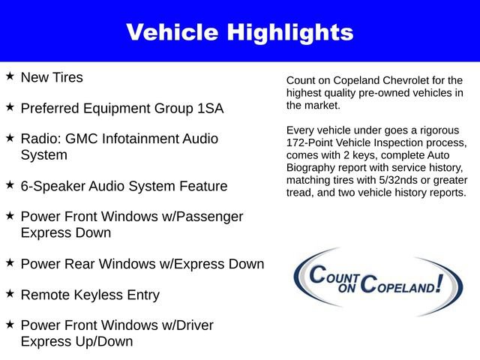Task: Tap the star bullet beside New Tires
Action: click(10, 76)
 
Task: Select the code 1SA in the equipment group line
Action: click(208, 108)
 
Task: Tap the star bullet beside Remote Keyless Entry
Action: click(10, 294)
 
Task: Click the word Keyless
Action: click(99, 295)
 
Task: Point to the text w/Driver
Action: click(184, 325)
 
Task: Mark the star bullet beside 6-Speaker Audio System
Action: click(10, 184)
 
